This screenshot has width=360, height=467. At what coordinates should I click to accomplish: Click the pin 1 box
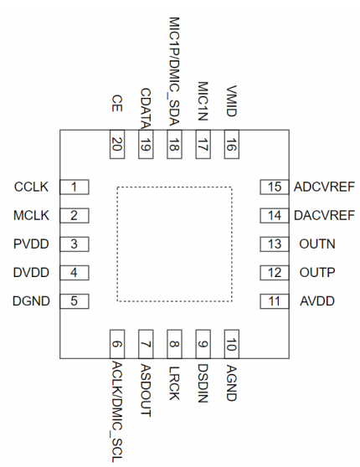(x=75, y=187)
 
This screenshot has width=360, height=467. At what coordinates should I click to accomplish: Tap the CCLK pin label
(x=31, y=187)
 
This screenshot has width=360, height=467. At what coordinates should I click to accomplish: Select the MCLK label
(x=31, y=215)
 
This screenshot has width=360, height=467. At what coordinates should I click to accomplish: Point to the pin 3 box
(x=75, y=244)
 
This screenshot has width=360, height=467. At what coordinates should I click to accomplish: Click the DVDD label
(x=31, y=273)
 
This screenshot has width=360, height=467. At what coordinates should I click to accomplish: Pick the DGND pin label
(x=31, y=301)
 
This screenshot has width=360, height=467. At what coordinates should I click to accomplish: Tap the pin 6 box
(x=117, y=344)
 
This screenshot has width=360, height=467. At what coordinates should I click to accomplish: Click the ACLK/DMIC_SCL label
(x=117, y=412)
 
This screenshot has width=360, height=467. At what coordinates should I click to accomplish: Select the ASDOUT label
(x=146, y=391)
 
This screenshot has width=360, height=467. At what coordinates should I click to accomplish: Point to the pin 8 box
(x=174, y=344)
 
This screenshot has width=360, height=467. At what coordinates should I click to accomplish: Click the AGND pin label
(x=232, y=383)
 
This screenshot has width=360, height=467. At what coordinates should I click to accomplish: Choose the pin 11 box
(x=275, y=301)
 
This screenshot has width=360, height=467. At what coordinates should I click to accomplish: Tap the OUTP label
(x=317, y=273)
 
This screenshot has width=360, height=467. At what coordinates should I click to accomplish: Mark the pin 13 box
(x=275, y=244)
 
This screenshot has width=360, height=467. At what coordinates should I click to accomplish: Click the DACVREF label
(x=324, y=215)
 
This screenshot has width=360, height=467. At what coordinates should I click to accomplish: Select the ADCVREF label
(x=324, y=187)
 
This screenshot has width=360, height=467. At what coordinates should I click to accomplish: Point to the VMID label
(x=232, y=101)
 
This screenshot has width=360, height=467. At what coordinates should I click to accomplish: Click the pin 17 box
(x=203, y=144)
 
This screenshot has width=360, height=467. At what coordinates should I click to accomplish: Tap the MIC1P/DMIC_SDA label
(x=174, y=71)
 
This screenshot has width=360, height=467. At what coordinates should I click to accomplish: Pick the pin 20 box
(x=117, y=144)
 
